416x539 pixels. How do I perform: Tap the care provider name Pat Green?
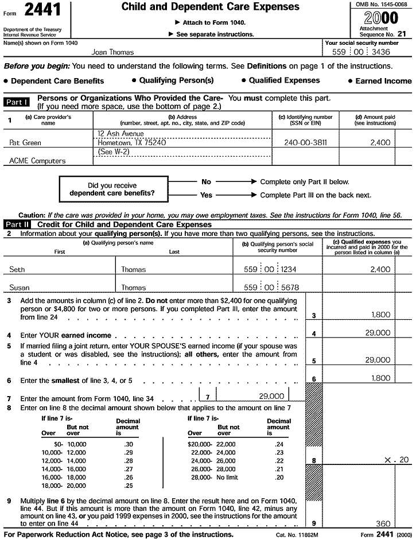[25, 142]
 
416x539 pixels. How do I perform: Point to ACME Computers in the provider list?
[37, 161]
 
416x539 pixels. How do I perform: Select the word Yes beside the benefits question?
[206, 195]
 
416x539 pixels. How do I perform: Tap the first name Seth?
[17, 269]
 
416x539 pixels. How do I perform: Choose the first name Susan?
[20, 287]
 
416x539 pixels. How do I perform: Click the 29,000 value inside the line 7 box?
[271, 396]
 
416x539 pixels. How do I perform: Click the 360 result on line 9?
[383, 524]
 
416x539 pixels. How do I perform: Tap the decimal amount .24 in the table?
[279, 444]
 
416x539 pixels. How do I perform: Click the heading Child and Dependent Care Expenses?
[211, 7]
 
